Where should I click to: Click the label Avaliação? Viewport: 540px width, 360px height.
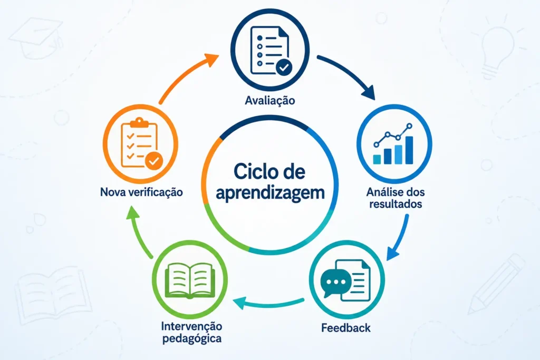coord(269,100)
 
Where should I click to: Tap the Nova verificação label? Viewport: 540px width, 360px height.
coord(141,192)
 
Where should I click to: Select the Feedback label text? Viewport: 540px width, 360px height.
coord(346,328)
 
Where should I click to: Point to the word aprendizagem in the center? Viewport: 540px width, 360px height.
coord(271,193)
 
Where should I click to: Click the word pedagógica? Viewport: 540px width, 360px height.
coord(192,339)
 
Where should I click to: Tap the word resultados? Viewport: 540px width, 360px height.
coord(396,204)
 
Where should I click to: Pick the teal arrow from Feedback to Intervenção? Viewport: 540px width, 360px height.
coord(268,304)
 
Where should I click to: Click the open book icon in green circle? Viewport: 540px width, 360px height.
coord(190,280)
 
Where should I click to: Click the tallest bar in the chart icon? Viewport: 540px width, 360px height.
coord(409,150)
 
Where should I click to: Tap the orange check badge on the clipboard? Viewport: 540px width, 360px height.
coord(154,161)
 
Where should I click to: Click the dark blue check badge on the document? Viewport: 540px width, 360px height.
coord(284,67)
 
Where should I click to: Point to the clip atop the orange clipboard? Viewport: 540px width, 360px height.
coord(139,122)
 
